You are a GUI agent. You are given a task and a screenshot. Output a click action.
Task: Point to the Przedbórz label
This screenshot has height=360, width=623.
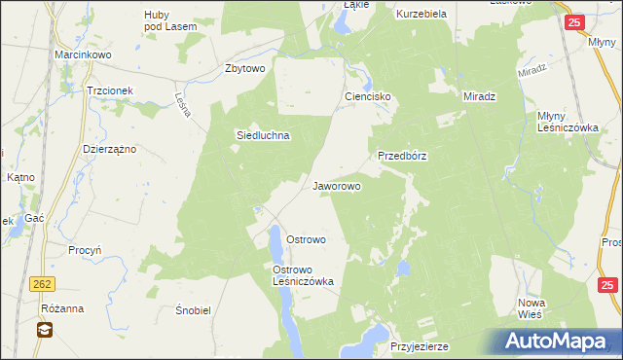coord(403,155)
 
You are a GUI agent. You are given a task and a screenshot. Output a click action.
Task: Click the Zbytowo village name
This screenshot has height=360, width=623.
coord(245,68)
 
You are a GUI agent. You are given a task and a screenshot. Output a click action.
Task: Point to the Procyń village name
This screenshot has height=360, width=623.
coord(86,249)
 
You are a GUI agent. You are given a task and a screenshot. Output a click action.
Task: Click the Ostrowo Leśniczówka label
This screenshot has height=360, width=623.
coord(304,275)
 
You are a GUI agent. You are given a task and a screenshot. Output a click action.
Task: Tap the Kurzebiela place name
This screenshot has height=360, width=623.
coord(421,15)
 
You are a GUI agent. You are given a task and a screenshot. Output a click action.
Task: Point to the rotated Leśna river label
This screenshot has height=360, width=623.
coord(180,104)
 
